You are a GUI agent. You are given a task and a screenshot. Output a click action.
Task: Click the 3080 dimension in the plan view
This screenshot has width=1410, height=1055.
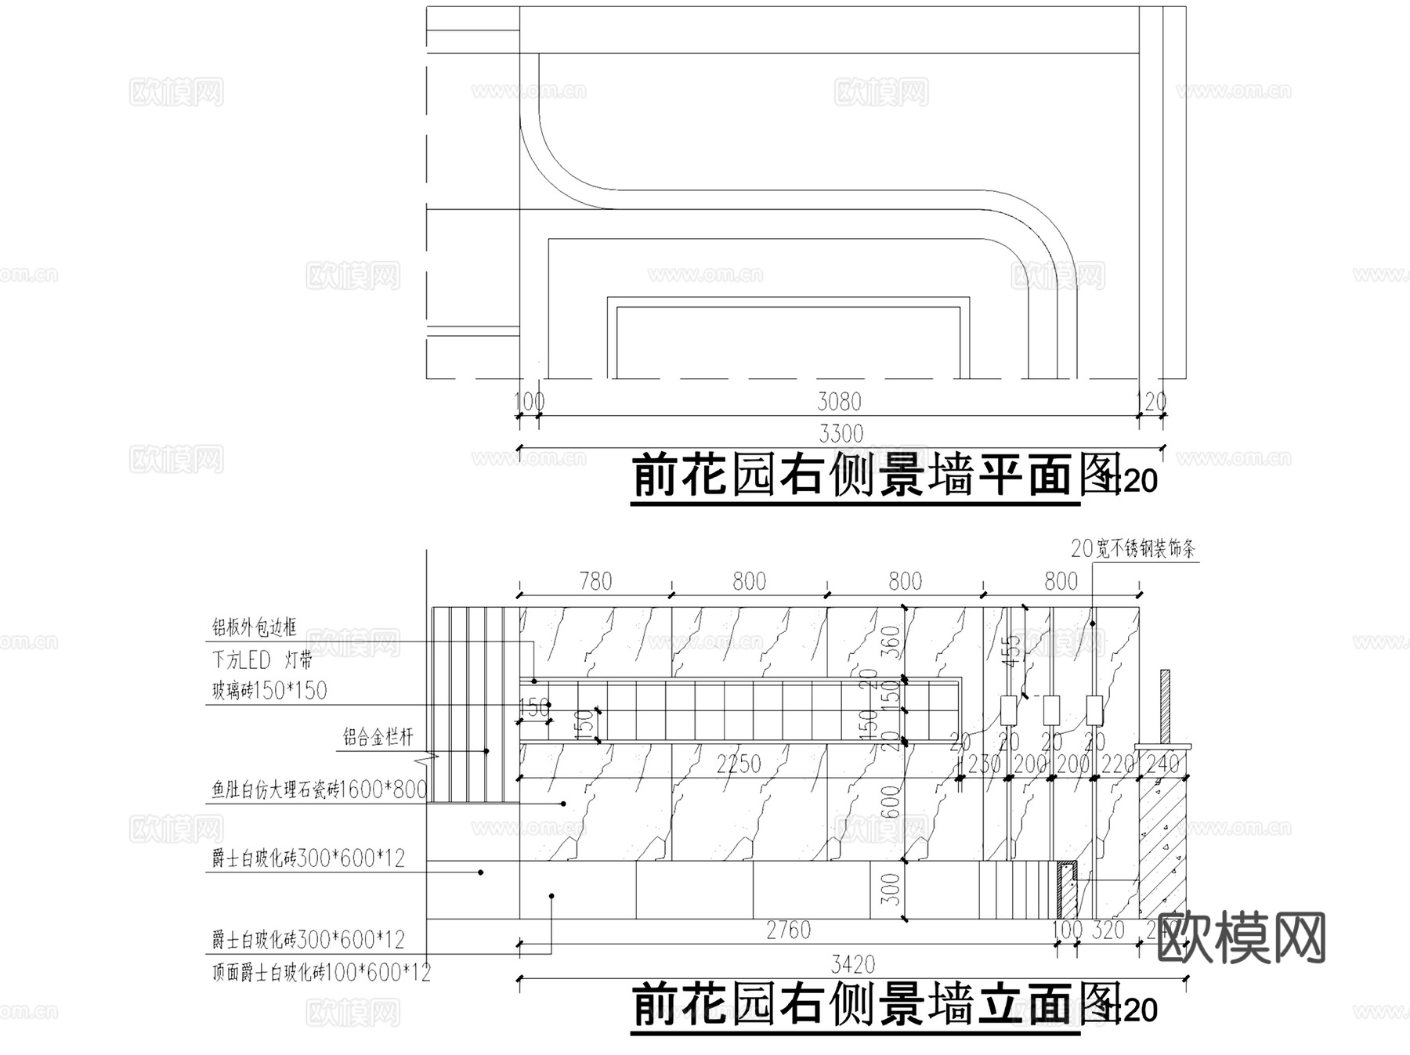(x=839, y=402)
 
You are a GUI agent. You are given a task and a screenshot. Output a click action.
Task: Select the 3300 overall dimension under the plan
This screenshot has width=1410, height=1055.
(x=841, y=433)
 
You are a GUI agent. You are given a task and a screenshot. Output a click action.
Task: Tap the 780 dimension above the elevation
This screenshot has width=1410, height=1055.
(x=595, y=581)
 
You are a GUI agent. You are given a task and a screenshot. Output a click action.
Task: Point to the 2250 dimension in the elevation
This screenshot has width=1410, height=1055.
(x=739, y=764)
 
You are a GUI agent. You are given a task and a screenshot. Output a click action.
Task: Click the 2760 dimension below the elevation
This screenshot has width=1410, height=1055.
(x=788, y=930)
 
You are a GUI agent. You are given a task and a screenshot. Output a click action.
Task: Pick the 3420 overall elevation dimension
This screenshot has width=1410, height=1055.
(x=852, y=964)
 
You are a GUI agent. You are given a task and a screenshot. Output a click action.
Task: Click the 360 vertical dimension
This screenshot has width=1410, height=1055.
(x=891, y=642)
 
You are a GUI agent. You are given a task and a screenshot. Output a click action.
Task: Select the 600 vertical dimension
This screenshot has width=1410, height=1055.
(x=891, y=802)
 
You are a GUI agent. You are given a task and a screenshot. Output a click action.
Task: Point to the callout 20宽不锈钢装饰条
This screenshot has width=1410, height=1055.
(x=1133, y=549)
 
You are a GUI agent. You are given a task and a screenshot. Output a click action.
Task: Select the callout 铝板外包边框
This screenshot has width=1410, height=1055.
(x=255, y=627)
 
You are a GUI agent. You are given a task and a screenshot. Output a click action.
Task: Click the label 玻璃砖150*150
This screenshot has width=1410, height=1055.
(x=269, y=691)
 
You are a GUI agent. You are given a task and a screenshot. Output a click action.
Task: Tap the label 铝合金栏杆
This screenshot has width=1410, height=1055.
(x=378, y=737)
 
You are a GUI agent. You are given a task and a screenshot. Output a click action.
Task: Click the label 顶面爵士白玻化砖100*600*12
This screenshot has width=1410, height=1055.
(x=321, y=974)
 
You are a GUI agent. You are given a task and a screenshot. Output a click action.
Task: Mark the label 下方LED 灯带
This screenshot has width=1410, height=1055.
(x=262, y=660)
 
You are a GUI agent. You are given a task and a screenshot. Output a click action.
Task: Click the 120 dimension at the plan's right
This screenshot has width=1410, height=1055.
(x=1151, y=402)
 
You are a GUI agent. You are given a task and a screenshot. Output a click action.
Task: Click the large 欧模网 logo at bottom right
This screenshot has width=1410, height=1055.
(x=1241, y=938)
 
